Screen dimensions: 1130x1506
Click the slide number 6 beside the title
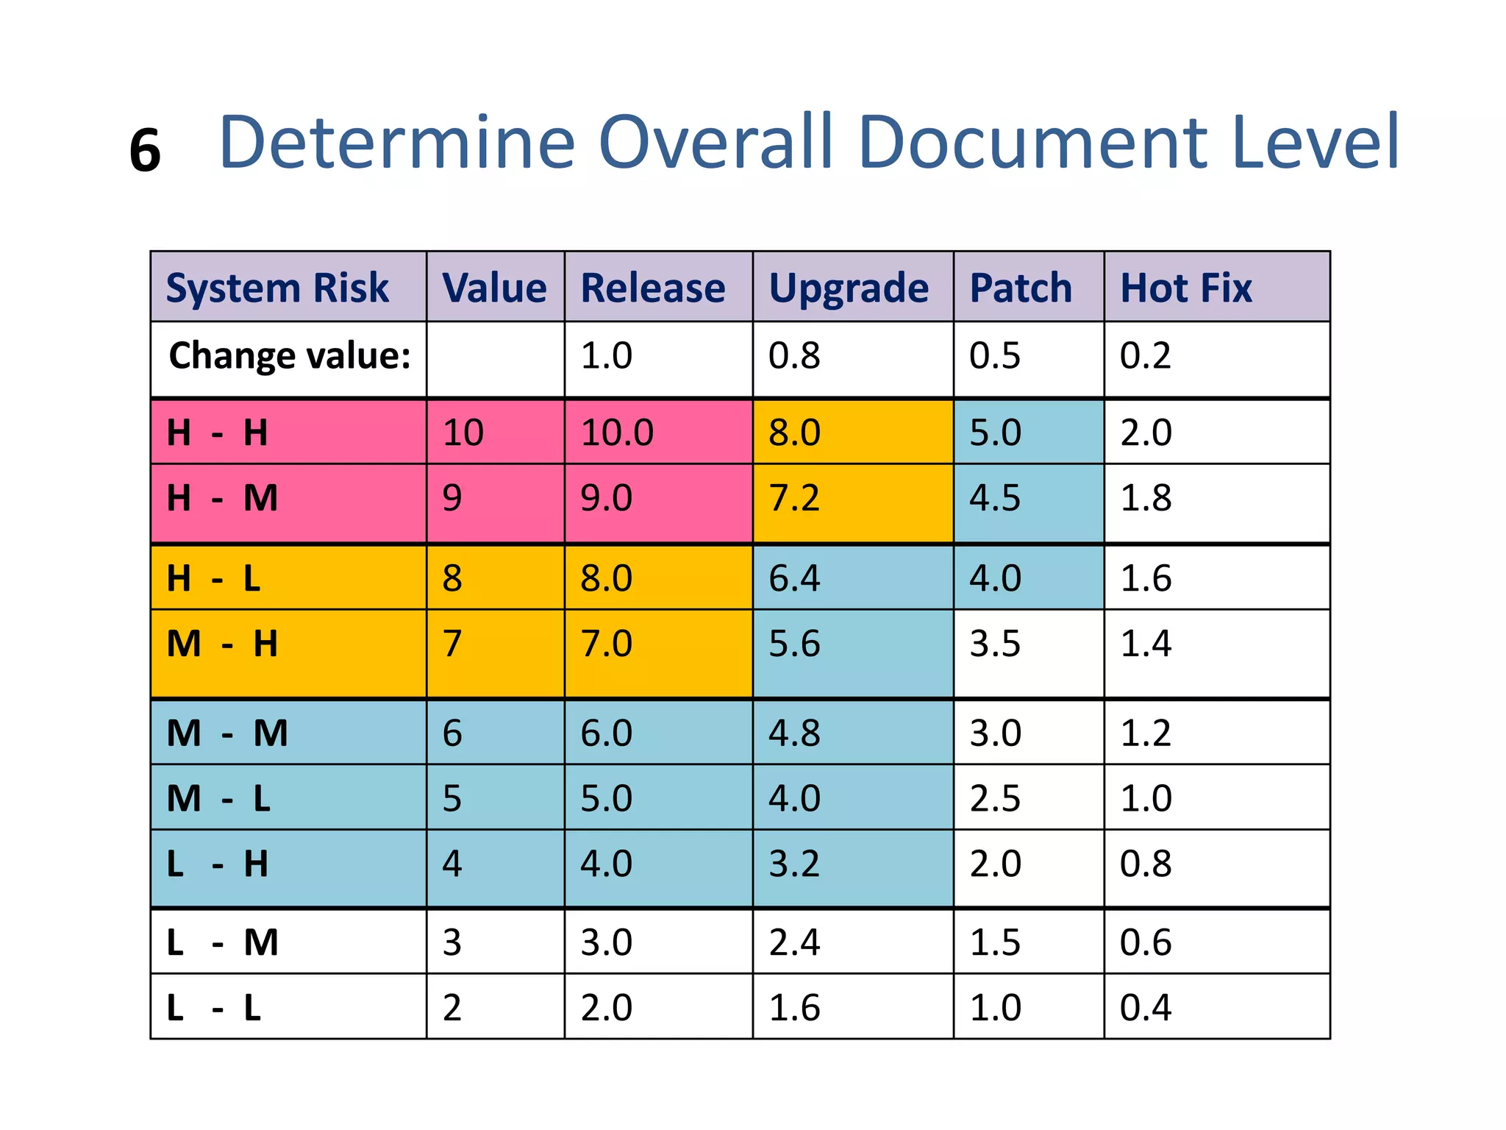pos(145,151)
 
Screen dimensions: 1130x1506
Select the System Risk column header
pos(277,288)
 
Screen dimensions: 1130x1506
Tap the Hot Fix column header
pos(1185,288)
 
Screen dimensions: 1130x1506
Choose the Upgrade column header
pos(849,288)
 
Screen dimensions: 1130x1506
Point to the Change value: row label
pos(289,356)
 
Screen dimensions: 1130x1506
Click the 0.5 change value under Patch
pos(995,356)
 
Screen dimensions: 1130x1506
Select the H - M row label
pos(222,498)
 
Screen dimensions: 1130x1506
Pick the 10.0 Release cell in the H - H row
pos(616,433)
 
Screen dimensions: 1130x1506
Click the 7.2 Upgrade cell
pos(794,498)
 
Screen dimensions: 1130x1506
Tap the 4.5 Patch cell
pos(995,498)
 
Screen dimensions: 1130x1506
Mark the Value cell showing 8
pos(452,578)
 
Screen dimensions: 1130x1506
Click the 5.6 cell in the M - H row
pos(794,644)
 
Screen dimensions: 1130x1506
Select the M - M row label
pos(227,733)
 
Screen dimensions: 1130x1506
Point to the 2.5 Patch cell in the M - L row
pos(995,799)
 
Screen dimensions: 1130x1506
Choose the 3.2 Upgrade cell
pos(794,864)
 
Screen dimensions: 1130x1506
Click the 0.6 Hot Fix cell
pos(1145,942)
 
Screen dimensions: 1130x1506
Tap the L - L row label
pos(213,1008)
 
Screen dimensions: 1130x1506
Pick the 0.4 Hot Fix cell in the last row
pos(1145,1008)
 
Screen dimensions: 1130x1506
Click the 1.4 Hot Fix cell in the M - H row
pos(1145,644)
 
